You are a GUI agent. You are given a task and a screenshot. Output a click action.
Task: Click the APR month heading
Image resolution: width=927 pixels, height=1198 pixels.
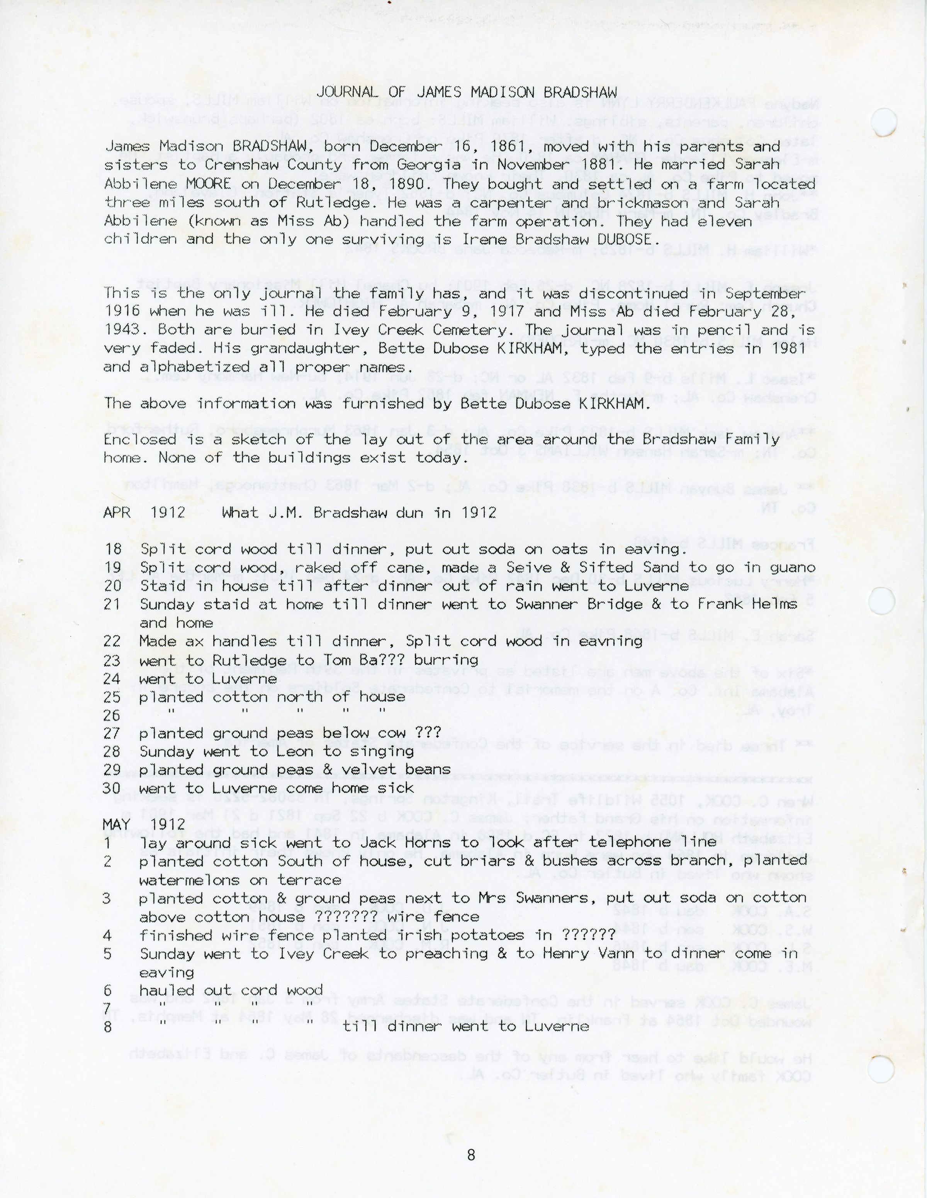(x=117, y=513)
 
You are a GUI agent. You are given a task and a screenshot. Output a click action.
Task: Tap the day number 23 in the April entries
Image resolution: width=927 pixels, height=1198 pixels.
(x=112, y=660)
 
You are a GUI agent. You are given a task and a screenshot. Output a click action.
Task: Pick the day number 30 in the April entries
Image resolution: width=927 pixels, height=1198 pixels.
(x=112, y=788)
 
